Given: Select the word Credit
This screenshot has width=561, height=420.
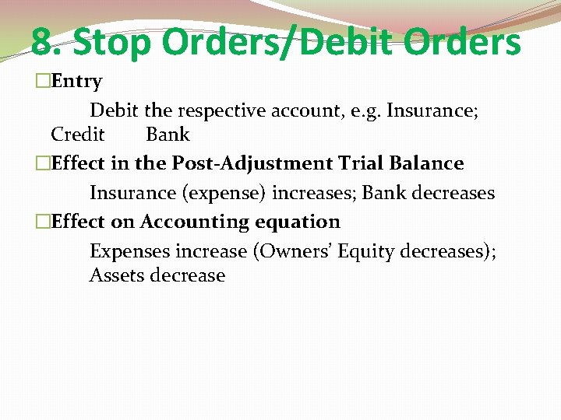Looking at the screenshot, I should [77, 135].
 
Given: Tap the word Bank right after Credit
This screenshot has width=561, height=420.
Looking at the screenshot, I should [168, 135].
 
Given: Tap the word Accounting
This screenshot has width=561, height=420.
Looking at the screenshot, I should [187, 222].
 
